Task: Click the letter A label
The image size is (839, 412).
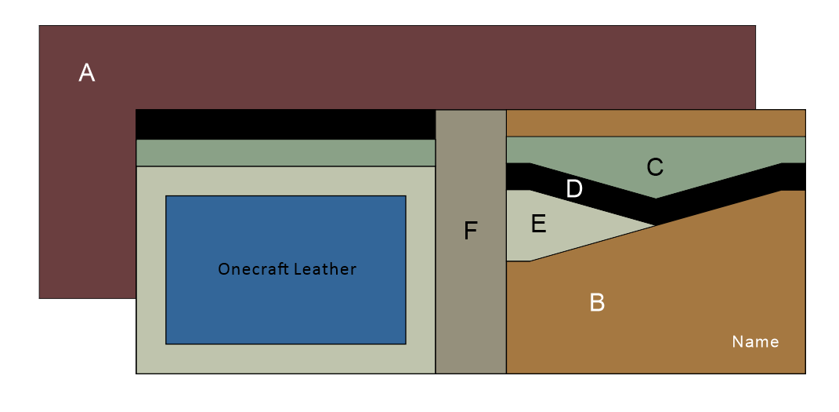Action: [87, 73]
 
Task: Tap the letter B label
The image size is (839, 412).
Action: [597, 302]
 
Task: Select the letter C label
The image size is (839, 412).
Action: [655, 166]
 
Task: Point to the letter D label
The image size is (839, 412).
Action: [574, 189]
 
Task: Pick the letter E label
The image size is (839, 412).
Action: [538, 224]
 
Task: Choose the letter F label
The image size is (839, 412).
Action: [470, 231]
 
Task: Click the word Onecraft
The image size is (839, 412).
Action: [252, 269]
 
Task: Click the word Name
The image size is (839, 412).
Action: [755, 341]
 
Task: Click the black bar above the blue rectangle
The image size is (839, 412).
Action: [285, 124]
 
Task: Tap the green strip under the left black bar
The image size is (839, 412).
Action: [285, 153]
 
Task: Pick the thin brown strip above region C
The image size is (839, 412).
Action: [656, 123]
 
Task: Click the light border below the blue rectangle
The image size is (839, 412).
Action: [285, 358]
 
